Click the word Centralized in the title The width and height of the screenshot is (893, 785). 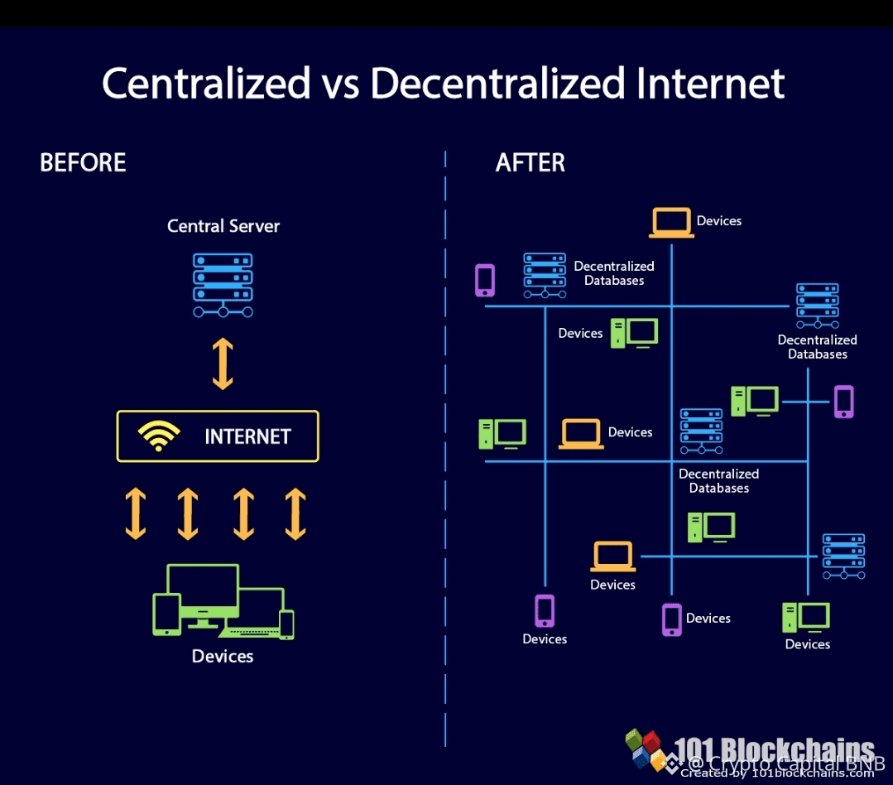coord(205,83)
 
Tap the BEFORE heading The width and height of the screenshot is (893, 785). coord(83,162)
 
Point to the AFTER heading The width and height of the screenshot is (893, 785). coord(530,162)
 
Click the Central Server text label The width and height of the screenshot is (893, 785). coord(223,226)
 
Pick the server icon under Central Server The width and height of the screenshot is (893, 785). coord(223,285)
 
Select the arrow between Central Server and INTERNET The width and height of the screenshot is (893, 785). coord(223,364)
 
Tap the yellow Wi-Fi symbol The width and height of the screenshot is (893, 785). coord(159,436)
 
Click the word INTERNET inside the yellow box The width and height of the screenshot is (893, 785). coord(247,436)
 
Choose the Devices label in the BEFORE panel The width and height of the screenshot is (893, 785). coord(223,656)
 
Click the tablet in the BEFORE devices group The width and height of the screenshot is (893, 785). coord(167,614)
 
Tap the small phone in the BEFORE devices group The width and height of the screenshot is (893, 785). coord(286,624)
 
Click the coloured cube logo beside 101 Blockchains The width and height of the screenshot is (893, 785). coord(646,749)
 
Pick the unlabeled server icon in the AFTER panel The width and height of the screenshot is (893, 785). coord(843,556)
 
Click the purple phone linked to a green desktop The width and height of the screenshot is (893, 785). coord(843,402)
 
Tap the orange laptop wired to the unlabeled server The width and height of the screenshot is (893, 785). coord(612,556)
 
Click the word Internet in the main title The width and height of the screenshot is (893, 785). coord(707,83)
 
